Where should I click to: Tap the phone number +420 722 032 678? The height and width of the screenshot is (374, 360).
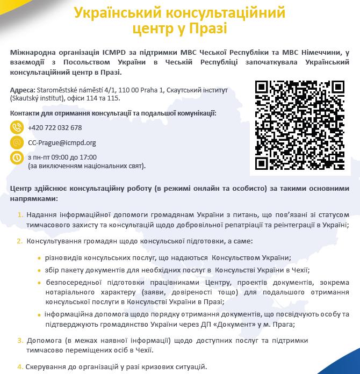[x=55, y=128]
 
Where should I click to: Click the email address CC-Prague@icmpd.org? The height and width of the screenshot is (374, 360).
[x=62, y=143]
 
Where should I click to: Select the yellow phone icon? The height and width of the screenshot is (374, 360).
[x=17, y=128]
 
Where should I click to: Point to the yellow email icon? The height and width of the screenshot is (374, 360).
[x=17, y=143]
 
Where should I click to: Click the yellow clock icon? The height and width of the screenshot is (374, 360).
[x=17, y=158]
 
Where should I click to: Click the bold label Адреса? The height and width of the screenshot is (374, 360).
[x=23, y=90]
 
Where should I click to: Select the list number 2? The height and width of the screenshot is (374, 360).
[x=20, y=241]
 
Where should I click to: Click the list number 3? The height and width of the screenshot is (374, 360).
[x=20, y=340]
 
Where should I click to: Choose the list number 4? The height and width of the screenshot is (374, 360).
[x=20, y=366]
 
